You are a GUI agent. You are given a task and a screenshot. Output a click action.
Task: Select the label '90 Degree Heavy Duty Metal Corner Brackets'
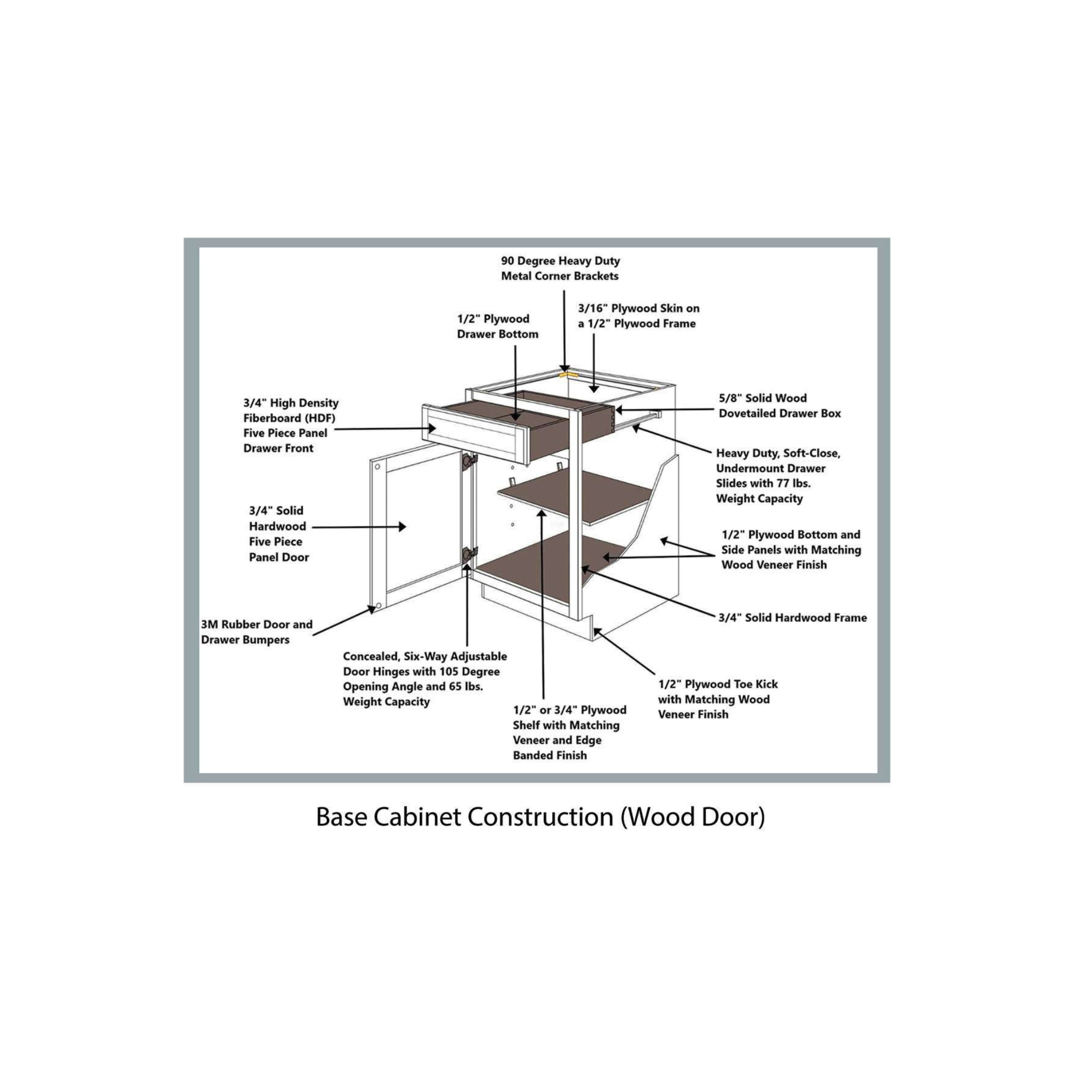560,268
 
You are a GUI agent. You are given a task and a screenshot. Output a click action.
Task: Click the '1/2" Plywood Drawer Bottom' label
498,326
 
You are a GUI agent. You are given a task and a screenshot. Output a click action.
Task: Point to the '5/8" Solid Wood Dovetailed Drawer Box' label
779,406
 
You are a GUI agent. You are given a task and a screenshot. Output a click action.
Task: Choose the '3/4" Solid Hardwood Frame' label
792,618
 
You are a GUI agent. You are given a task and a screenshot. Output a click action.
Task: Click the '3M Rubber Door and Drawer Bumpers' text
256,632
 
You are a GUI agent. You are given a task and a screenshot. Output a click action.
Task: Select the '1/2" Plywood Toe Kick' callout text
717,699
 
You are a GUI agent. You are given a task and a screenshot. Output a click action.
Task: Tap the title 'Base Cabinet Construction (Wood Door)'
540,817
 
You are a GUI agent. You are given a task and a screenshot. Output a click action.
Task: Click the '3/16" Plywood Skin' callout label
638,316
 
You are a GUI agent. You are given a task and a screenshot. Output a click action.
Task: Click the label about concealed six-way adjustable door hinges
425,679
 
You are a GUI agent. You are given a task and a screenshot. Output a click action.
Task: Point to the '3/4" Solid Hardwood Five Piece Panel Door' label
278,534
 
